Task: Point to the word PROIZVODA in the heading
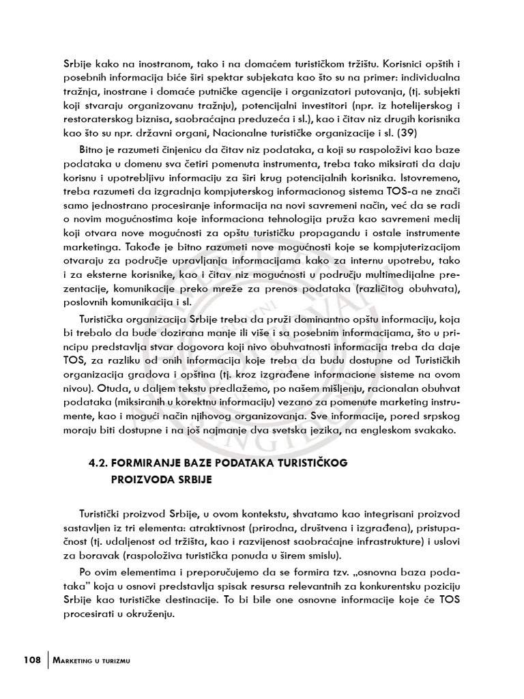[139, 479]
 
